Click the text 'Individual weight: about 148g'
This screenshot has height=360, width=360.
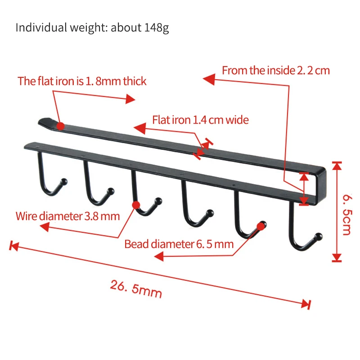[x=92, y=27]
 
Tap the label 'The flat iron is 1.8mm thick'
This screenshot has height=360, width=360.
[x=82, y=81]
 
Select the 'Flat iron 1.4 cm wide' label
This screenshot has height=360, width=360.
[x=200, y=120]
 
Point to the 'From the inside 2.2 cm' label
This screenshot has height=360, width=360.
[x=276, y=71]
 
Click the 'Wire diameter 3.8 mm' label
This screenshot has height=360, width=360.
[x=67, y=216]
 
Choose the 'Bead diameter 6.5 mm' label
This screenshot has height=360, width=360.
[x=179, y=244]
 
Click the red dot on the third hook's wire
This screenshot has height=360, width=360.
[x=136, y=206]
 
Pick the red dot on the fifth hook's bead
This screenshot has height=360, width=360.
[x=260, y=225]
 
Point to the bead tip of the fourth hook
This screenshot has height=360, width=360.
[x=208, y=212]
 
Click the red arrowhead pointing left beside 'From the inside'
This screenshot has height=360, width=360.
[x=208, y=80]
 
